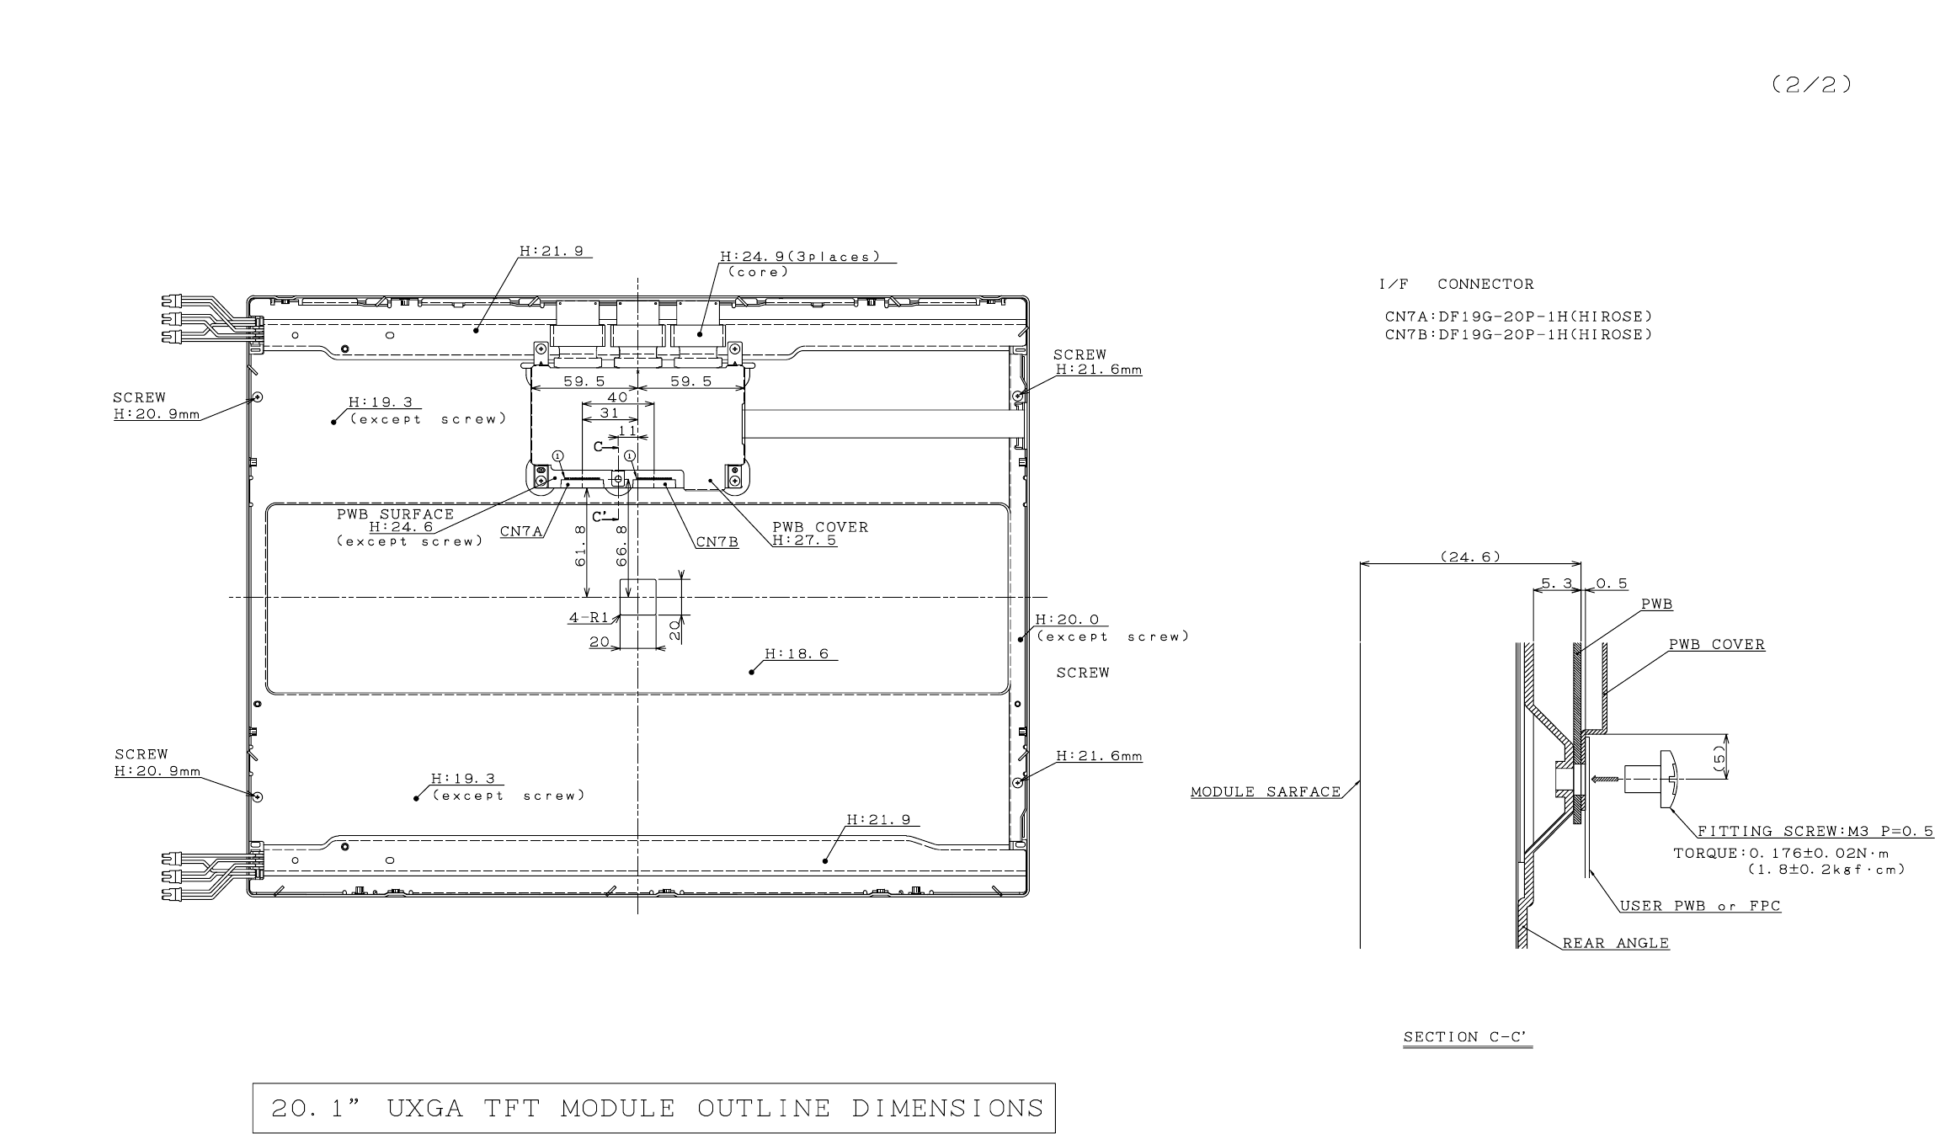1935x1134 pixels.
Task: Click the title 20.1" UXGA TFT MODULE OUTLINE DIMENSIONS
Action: coord(654,1108)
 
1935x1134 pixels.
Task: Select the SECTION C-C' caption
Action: coord(1467,1037)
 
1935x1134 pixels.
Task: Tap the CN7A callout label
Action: coord(521,532)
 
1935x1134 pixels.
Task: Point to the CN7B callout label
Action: coord(717,542)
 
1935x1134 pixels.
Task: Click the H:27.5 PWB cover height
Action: coord(804,540)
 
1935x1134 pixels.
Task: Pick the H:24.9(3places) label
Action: coord(799,256)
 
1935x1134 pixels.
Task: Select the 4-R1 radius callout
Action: coord(588,618)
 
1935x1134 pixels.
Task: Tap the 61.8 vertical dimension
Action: coord(580,546)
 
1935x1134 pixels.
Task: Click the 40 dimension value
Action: coord(617,397)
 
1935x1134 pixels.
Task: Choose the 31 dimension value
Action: coord(609,413)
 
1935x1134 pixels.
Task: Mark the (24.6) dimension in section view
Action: coord(1470,556)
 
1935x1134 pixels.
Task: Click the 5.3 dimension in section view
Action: coord(1556,583)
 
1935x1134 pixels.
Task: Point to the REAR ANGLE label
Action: coord(1615,944)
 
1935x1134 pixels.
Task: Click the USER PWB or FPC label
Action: coord(1700,906)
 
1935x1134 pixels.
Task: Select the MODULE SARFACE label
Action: coord(1265,791)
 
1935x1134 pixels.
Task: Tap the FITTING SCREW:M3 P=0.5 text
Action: coord(1815,831)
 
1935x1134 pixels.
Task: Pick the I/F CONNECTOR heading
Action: coord(1456,285)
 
